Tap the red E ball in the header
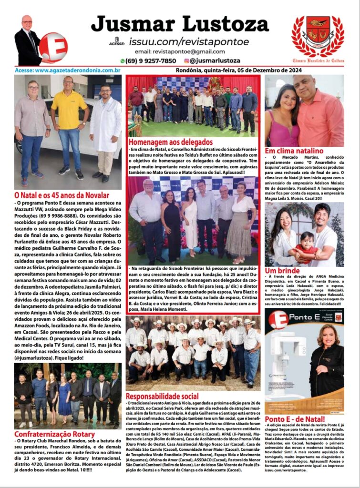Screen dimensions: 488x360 (53, 47)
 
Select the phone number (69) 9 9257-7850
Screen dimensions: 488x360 (148, 61)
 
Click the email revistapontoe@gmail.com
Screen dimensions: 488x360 (180, 51)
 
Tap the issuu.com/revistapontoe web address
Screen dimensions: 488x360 (182, 42)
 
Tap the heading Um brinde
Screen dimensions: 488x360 (282, 270)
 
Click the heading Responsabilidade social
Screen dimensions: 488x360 (163, 396)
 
